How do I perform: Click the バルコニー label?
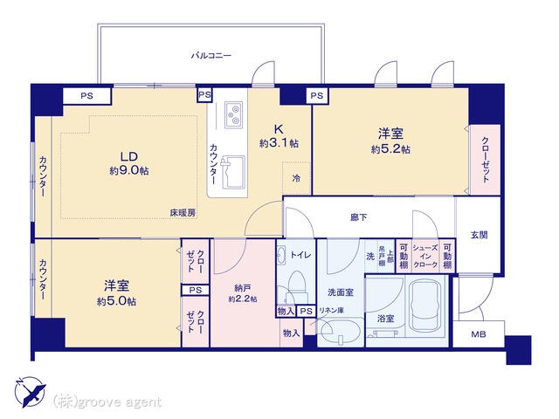point(211,55)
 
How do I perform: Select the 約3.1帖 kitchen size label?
point(279,134)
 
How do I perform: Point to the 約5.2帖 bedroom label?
point(390,141)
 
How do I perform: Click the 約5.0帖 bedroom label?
point(115,292)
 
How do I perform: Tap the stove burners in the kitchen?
point(235,113)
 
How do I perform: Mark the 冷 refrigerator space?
point(296,178)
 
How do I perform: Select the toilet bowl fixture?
point(294,283)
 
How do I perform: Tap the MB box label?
point(479,333)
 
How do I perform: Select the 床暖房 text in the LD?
point(183,212)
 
